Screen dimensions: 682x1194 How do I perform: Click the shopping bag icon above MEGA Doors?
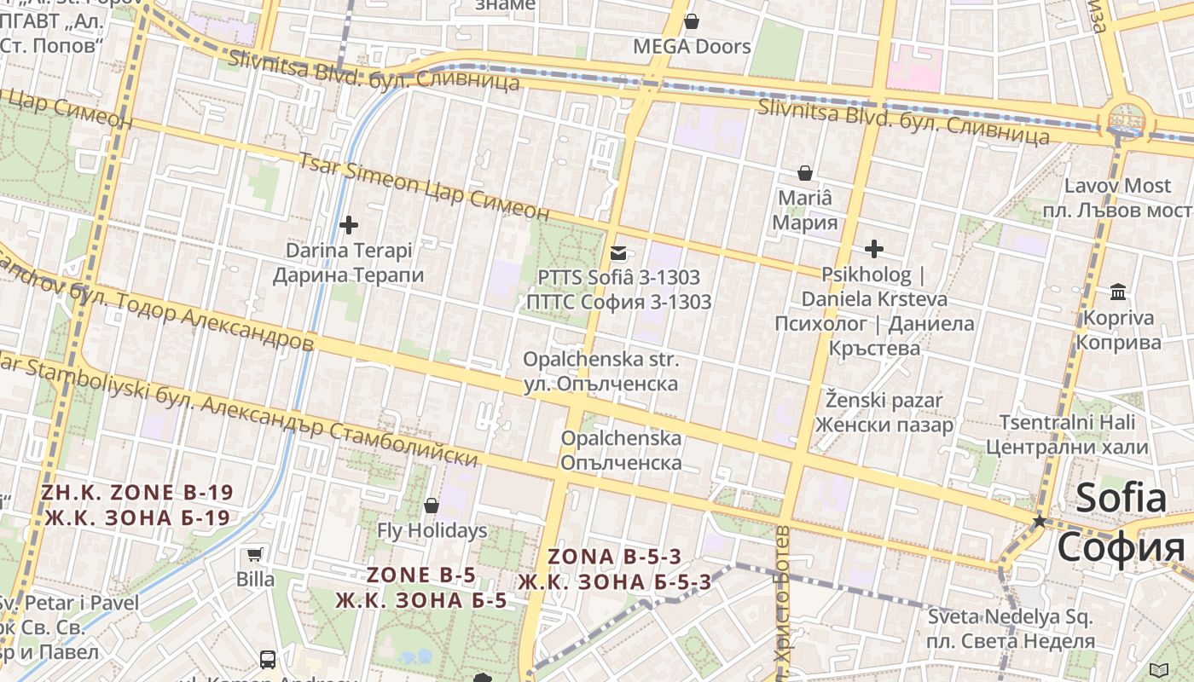pyautogui.click(x=692, y=21)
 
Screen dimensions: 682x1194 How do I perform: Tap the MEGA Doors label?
pyautogui.click(x=692, y=46)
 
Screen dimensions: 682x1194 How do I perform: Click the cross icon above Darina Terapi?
pyautogui.click(x=348, y=225)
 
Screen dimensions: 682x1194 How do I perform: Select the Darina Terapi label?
pyautogui.click(x=348, y=263)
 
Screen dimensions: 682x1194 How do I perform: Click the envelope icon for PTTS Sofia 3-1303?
pyautogui.click(x=618, y=253)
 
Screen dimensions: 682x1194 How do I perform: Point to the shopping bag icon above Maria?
pyautogui.click(x=804, y=174)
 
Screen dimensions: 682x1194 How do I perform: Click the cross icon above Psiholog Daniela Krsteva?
pyautogui.click(x=873, y=249)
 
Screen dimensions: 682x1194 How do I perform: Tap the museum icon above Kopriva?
pyautogui.click(x=1118, y=293)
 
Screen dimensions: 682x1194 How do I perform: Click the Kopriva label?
pyautogui.click(x=1118, y=330)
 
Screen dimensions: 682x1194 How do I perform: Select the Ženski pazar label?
pyautogui.click(x=884, y=412)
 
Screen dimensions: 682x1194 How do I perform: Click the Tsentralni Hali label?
pyautogui.click(x=1067, y=434)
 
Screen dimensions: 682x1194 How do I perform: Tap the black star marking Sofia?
pyautogui.click(x=1039, y=520)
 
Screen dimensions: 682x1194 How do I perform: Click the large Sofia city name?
pyautogui.click(x=1121, y=522)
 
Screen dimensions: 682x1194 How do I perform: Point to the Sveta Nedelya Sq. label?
pyautogui.click(x=1011, y=628)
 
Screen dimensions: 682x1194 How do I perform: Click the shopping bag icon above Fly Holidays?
pyautogui.click(x=432, y=506)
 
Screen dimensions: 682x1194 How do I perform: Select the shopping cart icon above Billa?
pyautogui.click(x=254, y=555)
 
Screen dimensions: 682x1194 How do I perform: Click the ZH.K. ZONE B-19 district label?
pyautogui.click(x=137, y=505)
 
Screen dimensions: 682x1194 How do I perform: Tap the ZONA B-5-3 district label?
pyautogui.click(x=614, y=569)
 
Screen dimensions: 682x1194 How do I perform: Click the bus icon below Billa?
pyautogui.click(x=268, y=659)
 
